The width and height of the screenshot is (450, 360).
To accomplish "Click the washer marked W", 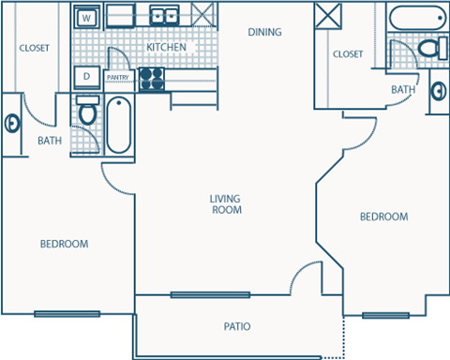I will pos(86,17).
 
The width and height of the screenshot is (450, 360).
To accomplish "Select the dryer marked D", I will pos(86,76).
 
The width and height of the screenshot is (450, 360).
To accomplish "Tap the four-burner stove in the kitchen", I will pos(151,79).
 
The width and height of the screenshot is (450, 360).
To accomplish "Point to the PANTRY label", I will pos(117,78).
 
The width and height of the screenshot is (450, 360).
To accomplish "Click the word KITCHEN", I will pos(166,47).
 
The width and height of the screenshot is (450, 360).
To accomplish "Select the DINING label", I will pos(264,32).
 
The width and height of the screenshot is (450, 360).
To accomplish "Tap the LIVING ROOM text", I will pos(226,204).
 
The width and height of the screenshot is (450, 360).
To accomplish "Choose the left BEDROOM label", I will pos(64,244).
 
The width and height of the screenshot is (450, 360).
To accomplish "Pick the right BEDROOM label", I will pos(384,217).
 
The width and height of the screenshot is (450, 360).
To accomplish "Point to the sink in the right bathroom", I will pos(439,91).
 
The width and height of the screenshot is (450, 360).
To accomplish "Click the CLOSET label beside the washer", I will pos(34,47).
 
